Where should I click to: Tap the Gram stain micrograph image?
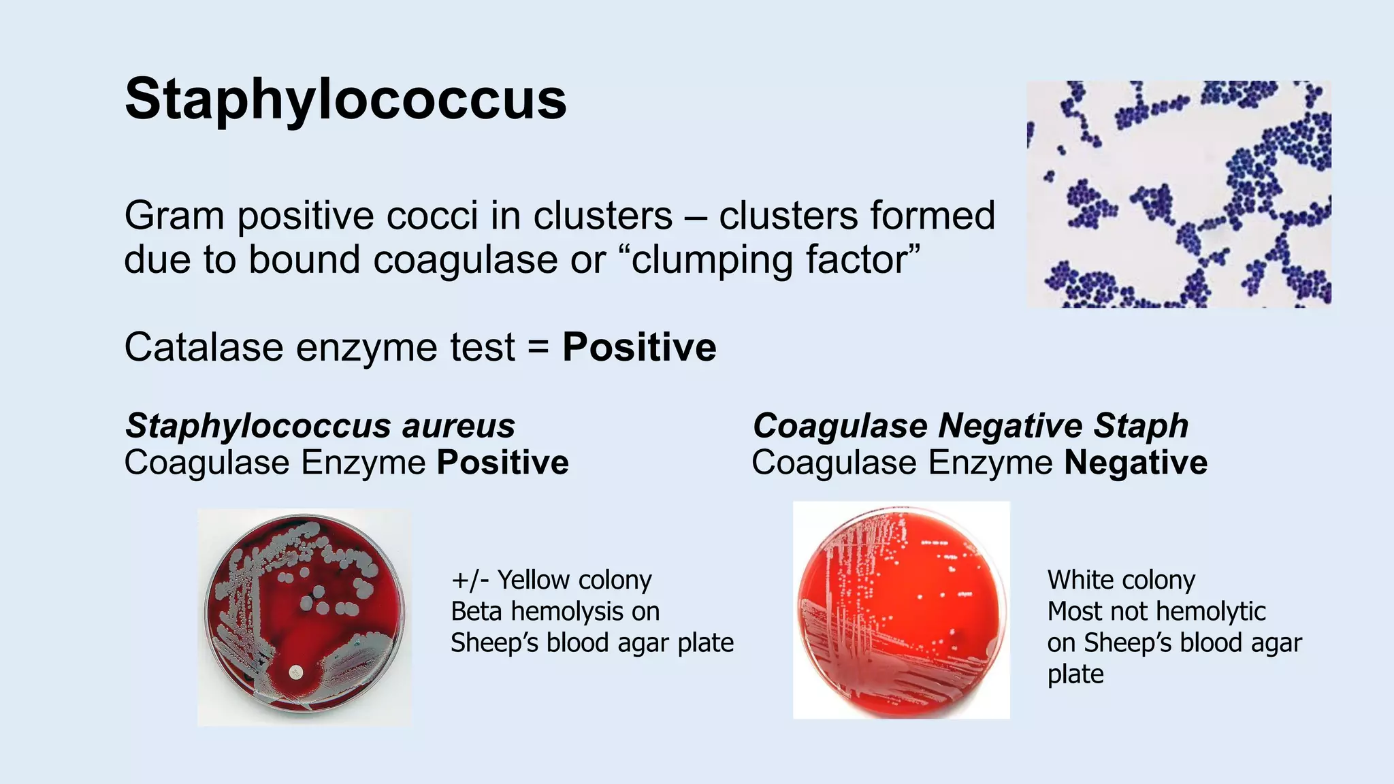1178,194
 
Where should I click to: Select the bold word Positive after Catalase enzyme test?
639,347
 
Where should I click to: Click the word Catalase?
204,347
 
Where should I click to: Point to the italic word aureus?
458,426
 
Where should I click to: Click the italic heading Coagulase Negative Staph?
970,426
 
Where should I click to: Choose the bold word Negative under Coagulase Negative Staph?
1135,463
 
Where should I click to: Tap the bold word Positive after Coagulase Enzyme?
502,463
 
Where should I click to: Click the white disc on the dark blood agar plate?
295,672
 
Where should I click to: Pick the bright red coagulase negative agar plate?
901,610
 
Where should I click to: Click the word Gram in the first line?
174,216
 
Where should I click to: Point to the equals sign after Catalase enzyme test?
538,347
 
